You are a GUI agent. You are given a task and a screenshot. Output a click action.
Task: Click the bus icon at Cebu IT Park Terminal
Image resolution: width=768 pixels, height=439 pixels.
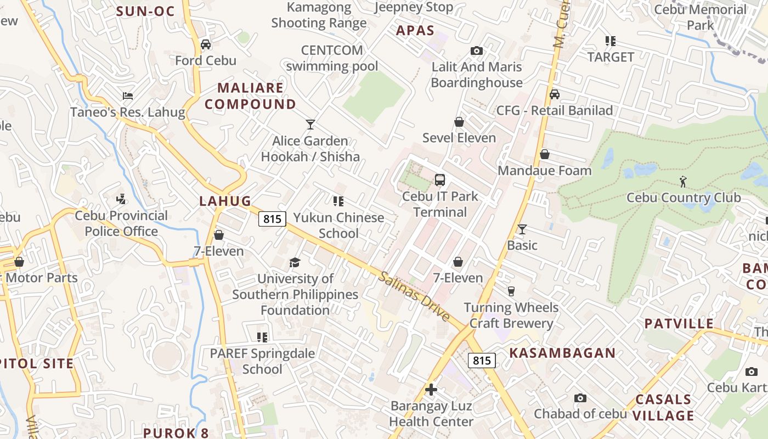click(x=439, y=180)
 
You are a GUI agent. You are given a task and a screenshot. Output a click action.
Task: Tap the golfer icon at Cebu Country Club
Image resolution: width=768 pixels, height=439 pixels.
click(x=683, y=181)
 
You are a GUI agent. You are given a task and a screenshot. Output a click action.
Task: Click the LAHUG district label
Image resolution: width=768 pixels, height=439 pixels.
click(x=225, y=201)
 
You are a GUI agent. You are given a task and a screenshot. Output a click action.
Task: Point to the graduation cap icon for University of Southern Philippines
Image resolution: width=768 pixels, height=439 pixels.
click(x=295, y=262)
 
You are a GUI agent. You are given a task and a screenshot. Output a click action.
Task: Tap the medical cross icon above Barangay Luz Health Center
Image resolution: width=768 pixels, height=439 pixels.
click(x=431, y=390)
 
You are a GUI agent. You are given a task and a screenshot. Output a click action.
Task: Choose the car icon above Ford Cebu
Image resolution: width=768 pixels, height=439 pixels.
click(x=206, y=44)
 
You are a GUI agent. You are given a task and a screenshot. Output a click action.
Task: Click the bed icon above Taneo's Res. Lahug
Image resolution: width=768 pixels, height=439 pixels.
click(x=128, y=96)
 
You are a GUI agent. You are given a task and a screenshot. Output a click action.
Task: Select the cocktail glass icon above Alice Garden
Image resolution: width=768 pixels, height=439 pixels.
click(x=310, y=125)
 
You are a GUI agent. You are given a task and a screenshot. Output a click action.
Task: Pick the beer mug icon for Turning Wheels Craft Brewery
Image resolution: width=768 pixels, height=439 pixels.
click(x=511, y=291)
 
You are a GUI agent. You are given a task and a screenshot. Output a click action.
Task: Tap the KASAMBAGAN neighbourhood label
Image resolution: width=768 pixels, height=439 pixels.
click(x=562, y=353)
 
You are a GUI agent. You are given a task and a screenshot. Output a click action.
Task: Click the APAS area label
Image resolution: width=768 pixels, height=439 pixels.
click(x=415, y=31)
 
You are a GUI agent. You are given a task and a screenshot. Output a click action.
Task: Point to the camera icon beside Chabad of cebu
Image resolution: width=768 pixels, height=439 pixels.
click(x=580, y=398)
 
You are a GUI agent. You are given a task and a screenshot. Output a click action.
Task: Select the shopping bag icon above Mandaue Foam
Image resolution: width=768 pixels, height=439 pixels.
click(x=545, y=155)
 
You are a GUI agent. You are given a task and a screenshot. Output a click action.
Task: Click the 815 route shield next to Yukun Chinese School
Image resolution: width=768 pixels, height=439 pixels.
click(x=273, y=219)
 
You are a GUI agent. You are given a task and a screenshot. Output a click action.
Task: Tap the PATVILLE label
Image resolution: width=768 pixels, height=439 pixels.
click(x=679, y=323)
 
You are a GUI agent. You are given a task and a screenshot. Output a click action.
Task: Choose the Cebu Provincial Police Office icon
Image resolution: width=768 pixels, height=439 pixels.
click(x=121, y=199)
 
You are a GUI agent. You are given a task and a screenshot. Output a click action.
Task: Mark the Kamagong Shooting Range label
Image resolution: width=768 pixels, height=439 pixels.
click(x=319, y=15)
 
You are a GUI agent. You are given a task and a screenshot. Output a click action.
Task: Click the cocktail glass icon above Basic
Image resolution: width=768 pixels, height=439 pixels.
click(x=522, y=229)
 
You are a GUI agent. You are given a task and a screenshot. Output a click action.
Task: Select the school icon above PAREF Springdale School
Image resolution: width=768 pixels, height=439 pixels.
click(x=262, y=337)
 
